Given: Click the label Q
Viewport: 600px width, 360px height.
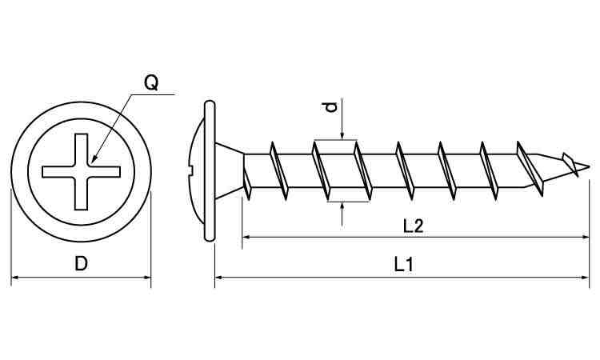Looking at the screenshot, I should (x=150, y=82).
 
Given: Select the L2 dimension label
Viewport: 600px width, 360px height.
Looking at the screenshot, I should (x=413, y=226).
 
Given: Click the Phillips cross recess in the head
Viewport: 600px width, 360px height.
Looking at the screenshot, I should (x=82, y=170).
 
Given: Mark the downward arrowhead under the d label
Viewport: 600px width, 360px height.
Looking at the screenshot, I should (x=342, y=136).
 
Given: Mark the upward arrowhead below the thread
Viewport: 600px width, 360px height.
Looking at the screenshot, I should (x=342, y=206).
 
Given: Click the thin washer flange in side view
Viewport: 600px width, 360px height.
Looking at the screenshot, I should (x=210, y=170).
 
